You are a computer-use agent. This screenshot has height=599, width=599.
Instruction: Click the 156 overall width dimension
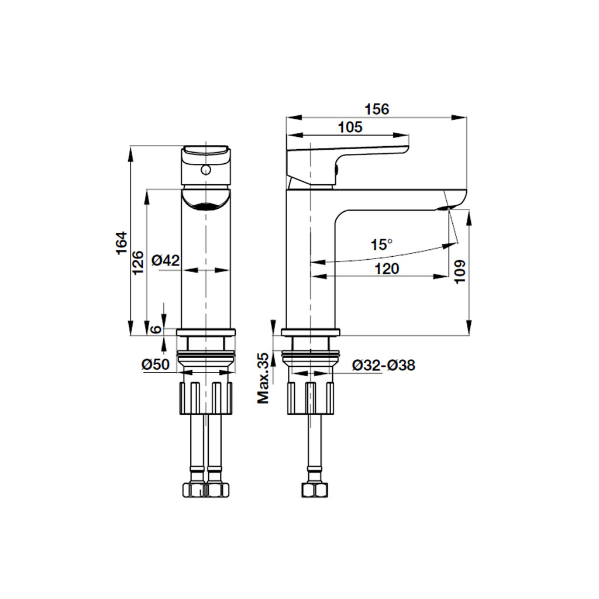pyautogui.click(x=377, y=109)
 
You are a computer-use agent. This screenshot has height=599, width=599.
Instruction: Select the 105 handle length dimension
pyautogui.click(x=350, y=127)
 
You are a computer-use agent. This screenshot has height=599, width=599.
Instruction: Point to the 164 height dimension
pyautogui.click(x=121, y=243)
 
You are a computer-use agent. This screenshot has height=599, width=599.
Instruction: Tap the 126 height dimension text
pyautogui.click(x=138, y=262)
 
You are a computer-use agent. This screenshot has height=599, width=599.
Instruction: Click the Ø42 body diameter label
pyautogui.click(x=166, y=260)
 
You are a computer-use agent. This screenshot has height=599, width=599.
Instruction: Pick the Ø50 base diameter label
pyautogui.click(x=156, y=364)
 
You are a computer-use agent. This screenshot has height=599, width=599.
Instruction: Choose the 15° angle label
pyautogui.click(x=381, y=245)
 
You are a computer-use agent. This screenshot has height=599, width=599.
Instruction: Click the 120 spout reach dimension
pyautogui.click(x=387, y=269)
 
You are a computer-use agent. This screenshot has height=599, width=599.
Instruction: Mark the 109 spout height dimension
pyautogui.click(x=460, y=271)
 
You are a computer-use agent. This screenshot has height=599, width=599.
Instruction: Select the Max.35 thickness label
pyautogui.click(x=263, y=378)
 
